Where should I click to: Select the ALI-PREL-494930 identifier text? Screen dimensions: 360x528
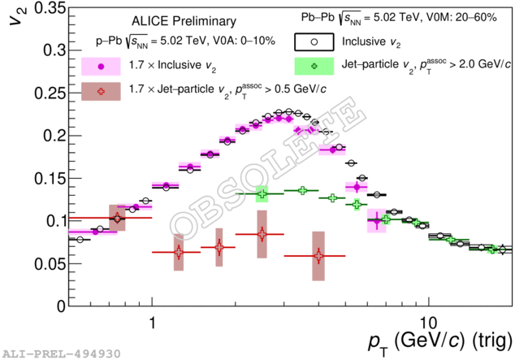click(63, 353)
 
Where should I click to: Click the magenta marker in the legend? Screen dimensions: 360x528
click(101, 66)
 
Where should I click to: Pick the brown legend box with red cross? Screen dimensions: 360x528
click(101, 92)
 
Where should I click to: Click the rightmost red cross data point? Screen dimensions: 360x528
click(318, 256)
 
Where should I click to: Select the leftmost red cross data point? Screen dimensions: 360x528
click(118, 218)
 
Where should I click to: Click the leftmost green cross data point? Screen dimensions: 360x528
click(262, 194)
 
